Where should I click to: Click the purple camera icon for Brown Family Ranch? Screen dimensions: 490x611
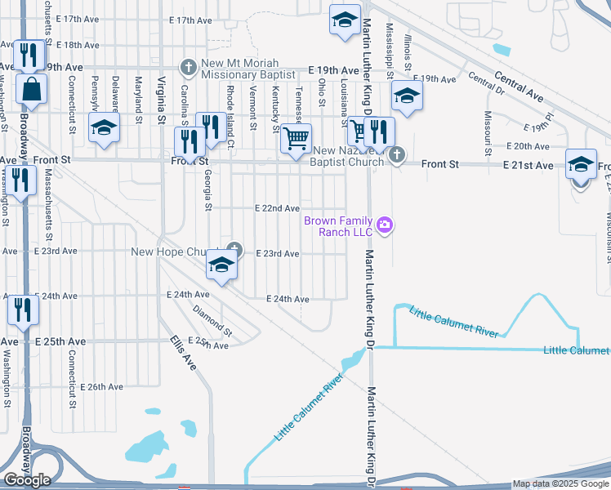385,225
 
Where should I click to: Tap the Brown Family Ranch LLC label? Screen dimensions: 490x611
338,227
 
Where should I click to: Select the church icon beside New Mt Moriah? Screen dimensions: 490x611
188,65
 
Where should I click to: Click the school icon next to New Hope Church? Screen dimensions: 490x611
221,264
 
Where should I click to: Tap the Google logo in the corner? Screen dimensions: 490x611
27,479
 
